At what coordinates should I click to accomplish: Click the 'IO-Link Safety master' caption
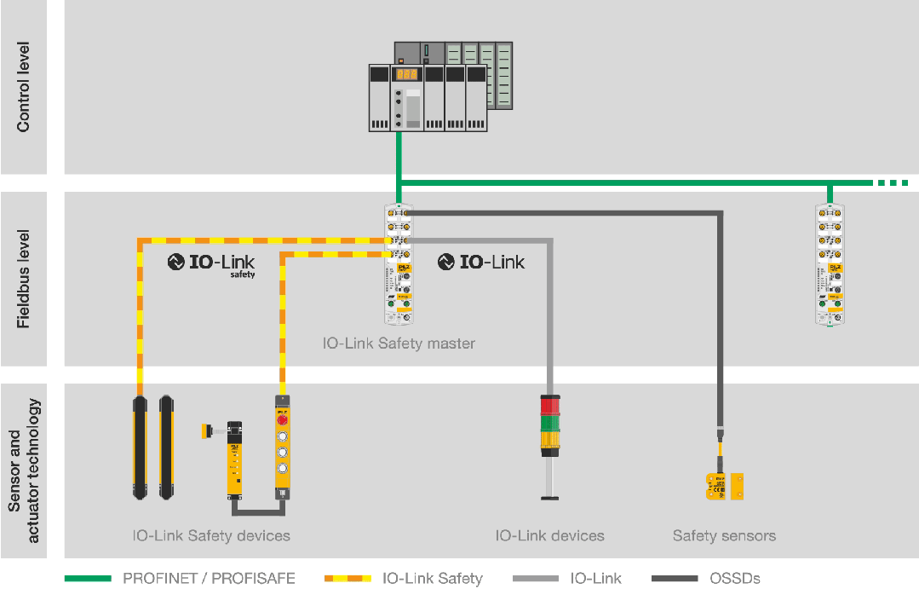click(399, 344)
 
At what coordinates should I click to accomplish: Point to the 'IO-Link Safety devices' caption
click(211, 536)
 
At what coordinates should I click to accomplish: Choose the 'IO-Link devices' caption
click(550, 536)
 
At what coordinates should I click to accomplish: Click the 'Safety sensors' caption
click(724, 536)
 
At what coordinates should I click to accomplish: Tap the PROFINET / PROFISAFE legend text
click(209, 579)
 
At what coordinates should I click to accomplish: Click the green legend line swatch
click(88, 579)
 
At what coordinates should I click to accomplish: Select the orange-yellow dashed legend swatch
click(347, 579)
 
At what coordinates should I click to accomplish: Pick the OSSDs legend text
click(735, 579)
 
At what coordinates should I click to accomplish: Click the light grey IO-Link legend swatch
click(536, 579)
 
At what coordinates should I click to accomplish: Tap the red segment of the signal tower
click(549, 404)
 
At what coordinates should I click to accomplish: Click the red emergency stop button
click(281, 419)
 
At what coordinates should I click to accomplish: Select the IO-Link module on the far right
click(829, 264)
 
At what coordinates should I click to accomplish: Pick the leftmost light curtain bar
click(139, 447)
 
